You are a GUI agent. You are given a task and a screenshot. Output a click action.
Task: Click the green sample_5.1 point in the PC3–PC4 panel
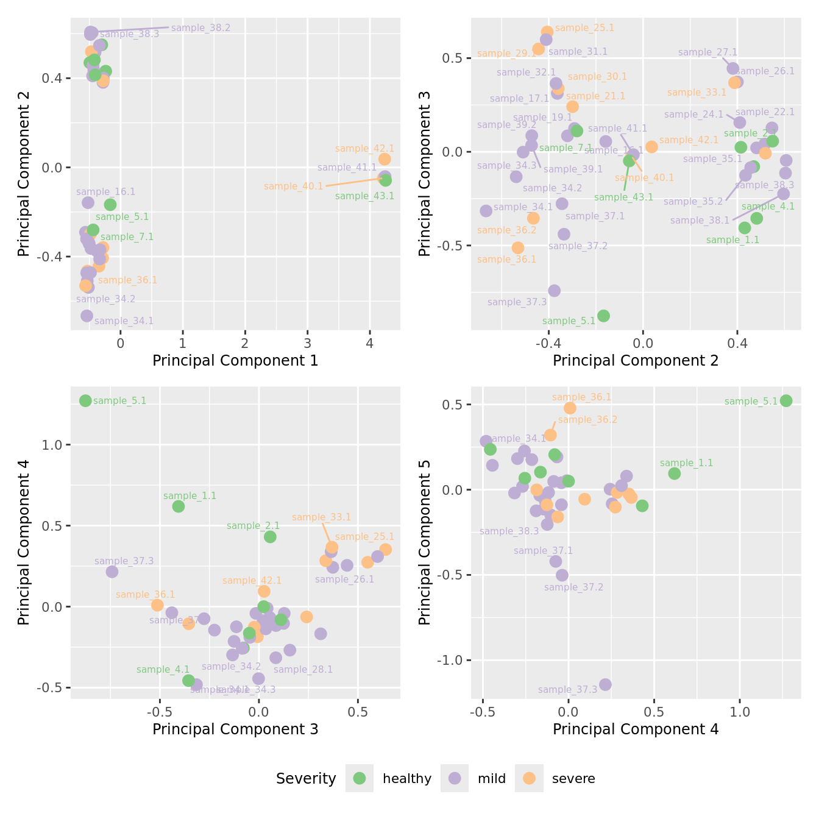coord(85,400)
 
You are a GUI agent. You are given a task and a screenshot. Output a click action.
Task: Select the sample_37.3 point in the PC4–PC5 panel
coord(605,684)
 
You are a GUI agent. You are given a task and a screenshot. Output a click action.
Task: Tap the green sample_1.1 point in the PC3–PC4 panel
coord(179,506)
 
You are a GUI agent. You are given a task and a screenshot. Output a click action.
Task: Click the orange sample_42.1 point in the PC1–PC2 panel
coord(385,159)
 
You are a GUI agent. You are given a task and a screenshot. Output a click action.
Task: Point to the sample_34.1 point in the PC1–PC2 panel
coord(87,316)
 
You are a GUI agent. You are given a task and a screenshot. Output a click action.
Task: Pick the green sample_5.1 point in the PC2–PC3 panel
coord(603,316)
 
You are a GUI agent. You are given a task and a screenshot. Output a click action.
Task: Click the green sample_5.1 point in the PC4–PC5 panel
coord(786,400)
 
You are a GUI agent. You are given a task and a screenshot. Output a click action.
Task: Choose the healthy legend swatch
coord(360,778)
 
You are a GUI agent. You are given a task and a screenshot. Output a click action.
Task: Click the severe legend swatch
coord(529,778)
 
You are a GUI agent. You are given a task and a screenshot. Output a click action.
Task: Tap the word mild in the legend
coord(491,779)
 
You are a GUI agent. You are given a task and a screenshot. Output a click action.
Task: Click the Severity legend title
coord(306,779)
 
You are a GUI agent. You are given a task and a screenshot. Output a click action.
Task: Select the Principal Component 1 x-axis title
coord(235,361)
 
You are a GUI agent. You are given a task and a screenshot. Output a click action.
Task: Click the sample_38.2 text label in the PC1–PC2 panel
coord(200,28)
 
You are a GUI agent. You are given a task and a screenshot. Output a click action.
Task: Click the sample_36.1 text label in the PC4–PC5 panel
coord(581,397)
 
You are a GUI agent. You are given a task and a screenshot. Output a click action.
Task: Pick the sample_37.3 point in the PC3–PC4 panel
coord(112,572)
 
